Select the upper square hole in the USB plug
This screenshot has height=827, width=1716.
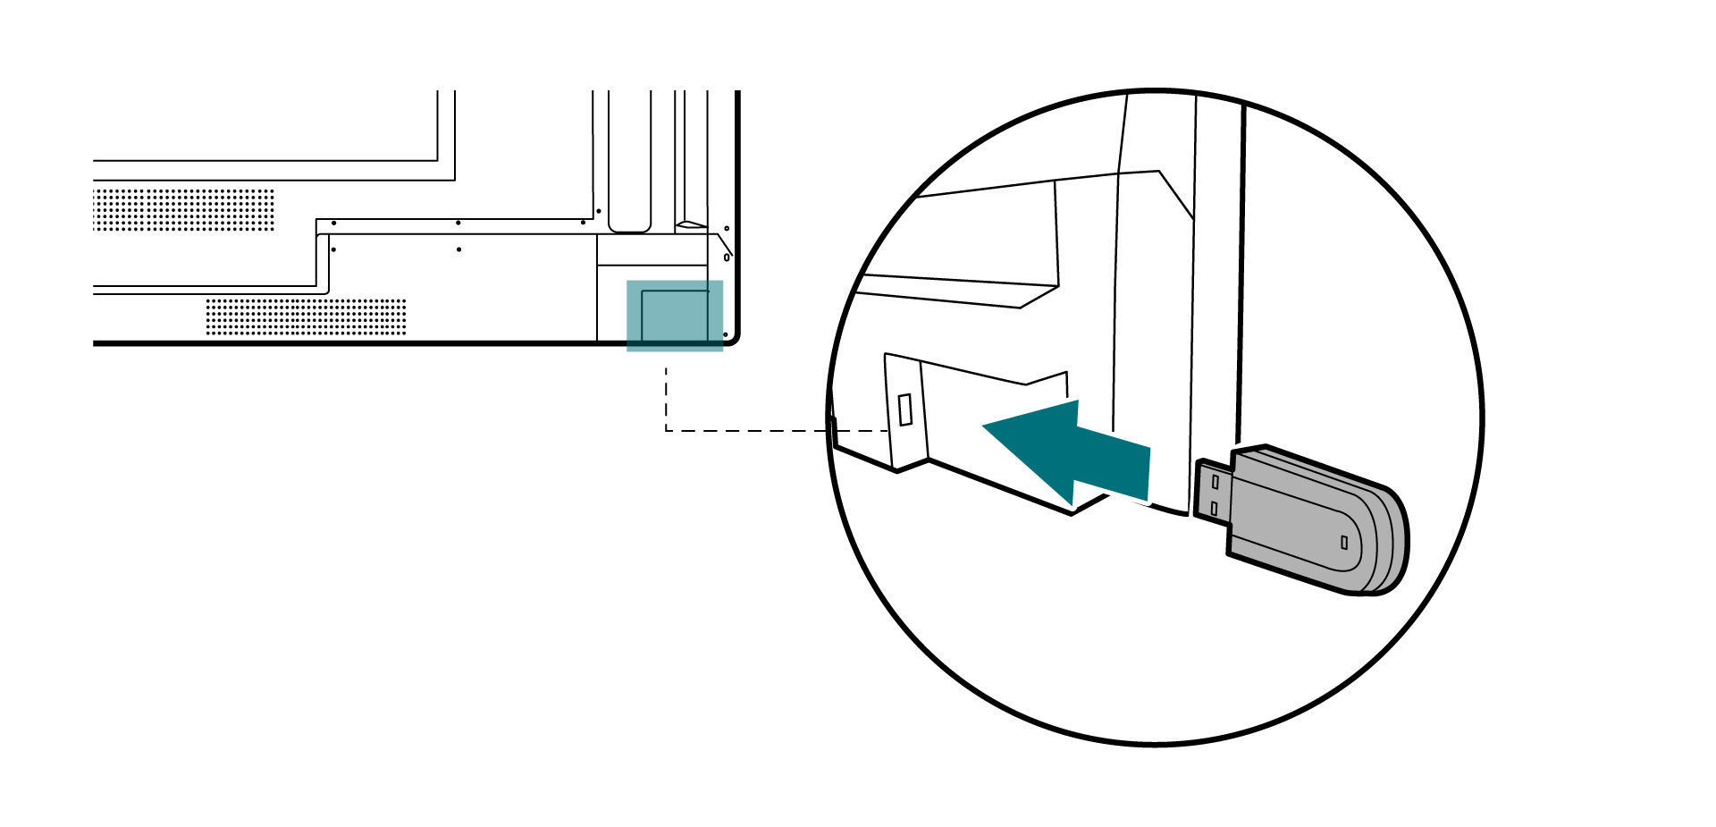pyautogui.click(x=1215, y=481)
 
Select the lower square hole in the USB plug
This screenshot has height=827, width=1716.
pyautogui.click(x=1214, y=508)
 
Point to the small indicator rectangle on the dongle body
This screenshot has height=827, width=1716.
pyautogui.click(x=1343, y=542)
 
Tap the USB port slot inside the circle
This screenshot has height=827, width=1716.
pyautogui.click(x=905, y=409)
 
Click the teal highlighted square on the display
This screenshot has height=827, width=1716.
pyautogui.click(x=674, y=316)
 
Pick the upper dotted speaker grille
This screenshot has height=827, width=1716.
pyautogui.click(x=183, y=208)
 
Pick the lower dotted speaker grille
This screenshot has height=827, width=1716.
pyautogui.click(x=306, y=316)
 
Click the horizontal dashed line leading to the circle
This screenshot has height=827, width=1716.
pyautogui.click(x=760, y=431)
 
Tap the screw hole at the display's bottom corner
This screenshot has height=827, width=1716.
pyautogui.click(x=726, y=334)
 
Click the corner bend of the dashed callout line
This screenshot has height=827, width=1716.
pyautogui.click(x=666, y=431)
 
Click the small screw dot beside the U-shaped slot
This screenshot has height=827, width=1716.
pyautogui.click(x=583, y=223)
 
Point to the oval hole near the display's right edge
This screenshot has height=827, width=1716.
pyautogui.click(x=726, y=257)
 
